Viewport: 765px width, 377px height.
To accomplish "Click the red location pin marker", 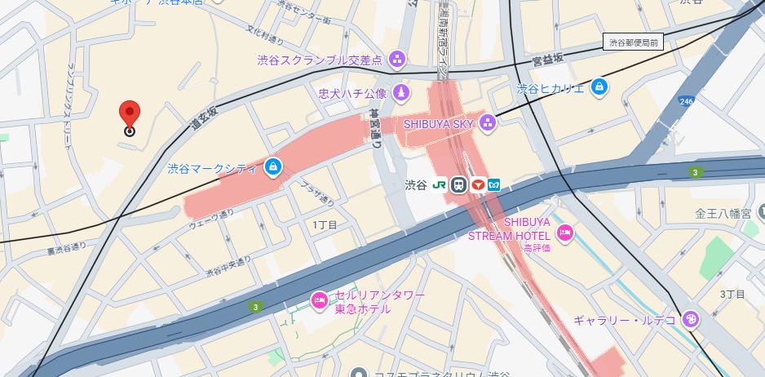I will [129, 115].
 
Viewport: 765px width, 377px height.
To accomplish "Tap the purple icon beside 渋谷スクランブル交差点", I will [397, 59].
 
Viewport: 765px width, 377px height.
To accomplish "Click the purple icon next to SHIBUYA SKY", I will [488, 123].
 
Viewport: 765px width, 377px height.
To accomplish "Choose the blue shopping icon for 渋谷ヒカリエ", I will [599, 86].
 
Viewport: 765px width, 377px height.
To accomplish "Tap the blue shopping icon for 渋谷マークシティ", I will [272, 168].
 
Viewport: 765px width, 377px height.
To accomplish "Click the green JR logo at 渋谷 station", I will [439, 185].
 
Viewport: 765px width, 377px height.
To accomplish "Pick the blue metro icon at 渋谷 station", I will [494, 185].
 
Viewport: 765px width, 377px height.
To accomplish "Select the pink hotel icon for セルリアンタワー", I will [319, 300].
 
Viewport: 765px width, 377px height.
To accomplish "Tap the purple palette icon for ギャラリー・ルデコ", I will [690, 319].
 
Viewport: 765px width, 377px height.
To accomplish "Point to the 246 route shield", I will [685, 101].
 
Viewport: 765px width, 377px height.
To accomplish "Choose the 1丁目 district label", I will [325, 224].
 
